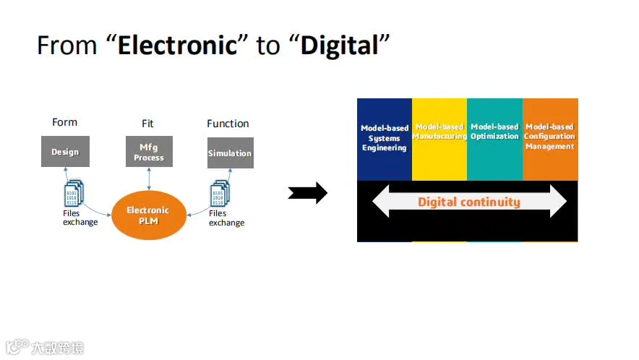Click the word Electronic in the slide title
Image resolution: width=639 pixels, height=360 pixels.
pyautogui.click(x=178, y=46)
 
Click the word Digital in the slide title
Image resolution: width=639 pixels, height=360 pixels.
pyautogui.click(x=340, y=46)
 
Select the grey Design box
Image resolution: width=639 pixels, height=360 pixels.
pyautogui.click(x=65, y=152)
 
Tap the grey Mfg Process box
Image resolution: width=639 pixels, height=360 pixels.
pyautogui.click(x=149, y=153)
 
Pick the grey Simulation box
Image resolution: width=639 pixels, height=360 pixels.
pyautogui.click(x=230, y=153)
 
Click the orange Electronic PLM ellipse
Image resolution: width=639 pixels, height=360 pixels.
pyautogui.click(x=147, y=215)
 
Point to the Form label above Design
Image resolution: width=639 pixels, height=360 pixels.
pyautogui.click(x=64, y=122)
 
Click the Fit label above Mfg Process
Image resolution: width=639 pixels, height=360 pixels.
pyautogui.click(x=147, y=124)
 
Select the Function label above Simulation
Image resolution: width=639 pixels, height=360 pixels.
pyautogui.click(x=228, y=124)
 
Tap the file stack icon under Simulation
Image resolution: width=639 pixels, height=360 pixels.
pyautogui.click(x=220, y=194)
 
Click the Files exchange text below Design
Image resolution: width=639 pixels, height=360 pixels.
pyautogui.click(x=80, y=218)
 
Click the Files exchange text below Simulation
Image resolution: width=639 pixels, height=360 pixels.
pyautogui.click(x=226, y=218)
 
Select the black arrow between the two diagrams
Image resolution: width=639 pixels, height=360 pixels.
pyautogui.click(x=308, y=193)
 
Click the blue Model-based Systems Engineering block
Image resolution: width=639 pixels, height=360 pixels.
pyautogui.click(x=385, y=139)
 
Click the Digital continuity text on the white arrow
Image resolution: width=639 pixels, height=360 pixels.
pyautogui.click(x=468, y=202)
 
